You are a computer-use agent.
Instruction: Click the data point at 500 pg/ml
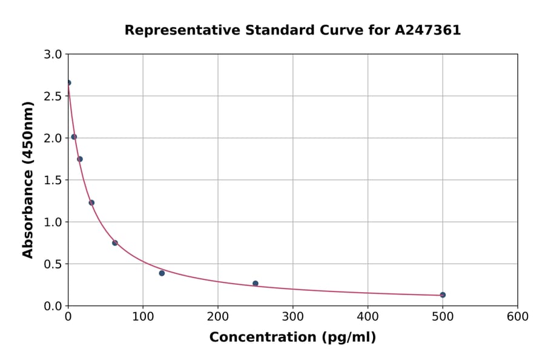pos(443,295)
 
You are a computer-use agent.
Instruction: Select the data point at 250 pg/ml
pos(256,284)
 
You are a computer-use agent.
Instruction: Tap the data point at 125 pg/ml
pos(162,273)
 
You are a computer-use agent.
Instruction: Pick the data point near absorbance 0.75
pos(115,243)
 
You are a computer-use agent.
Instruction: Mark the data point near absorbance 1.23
pos(91,203)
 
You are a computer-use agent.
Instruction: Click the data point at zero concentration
pos(68,83)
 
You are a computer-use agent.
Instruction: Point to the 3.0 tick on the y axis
pos(54,55)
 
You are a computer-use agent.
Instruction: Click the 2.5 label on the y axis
pos(54,96)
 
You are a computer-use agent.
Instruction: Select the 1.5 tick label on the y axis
pos(54,180)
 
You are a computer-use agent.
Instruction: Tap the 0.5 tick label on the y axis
pos(54,264)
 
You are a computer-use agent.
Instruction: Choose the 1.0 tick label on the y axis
pos(54,222)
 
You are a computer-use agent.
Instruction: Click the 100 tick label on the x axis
pos(143,317)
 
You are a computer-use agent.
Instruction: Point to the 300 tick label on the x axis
pos(293,317)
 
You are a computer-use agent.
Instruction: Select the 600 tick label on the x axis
pos(518,317)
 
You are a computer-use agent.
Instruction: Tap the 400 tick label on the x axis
pos(368,317)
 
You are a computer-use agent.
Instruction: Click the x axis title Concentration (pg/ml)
pos(292,338)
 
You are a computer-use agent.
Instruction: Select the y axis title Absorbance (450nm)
pos(28,179)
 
